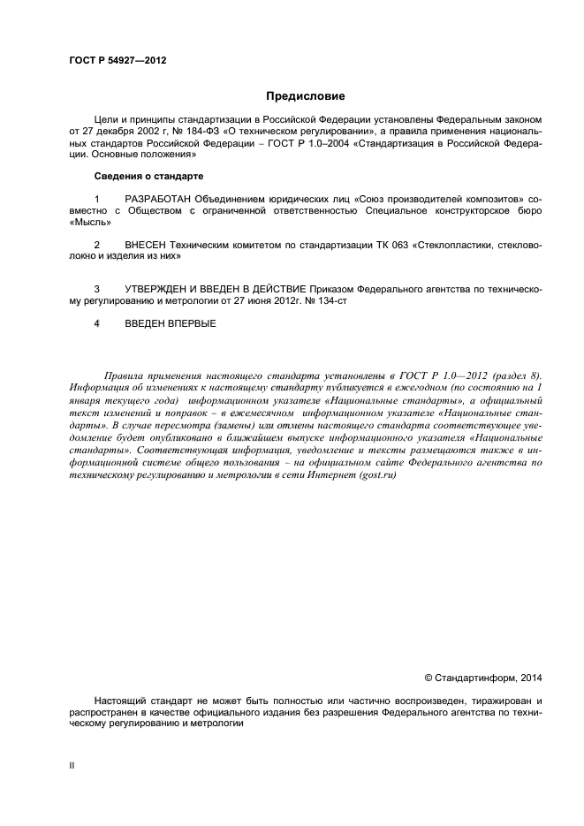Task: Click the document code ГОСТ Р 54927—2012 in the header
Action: (x=118, y=61)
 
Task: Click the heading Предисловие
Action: (x=306, y=95)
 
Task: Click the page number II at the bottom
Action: (x=72, y=765)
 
